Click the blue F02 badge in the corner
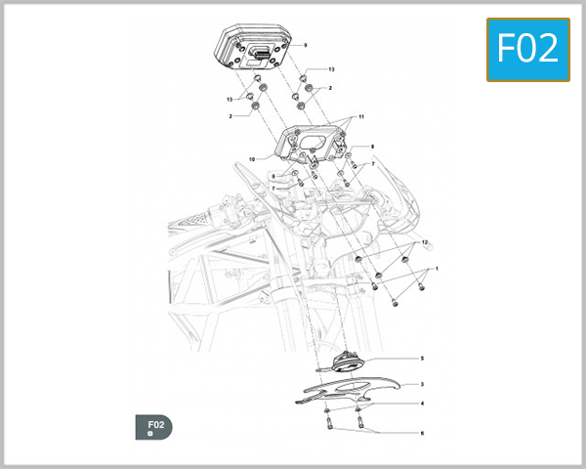527,49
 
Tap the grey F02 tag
155,426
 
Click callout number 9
305,46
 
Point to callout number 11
360,117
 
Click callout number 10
251,158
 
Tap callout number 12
426,241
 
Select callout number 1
437,268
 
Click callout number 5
421,359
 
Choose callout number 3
421,385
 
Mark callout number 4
421,403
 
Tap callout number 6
421,432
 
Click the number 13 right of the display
331,70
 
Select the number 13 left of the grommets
231,100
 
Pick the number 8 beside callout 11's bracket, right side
372,146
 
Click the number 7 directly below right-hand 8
372,163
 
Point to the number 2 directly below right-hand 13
330,89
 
